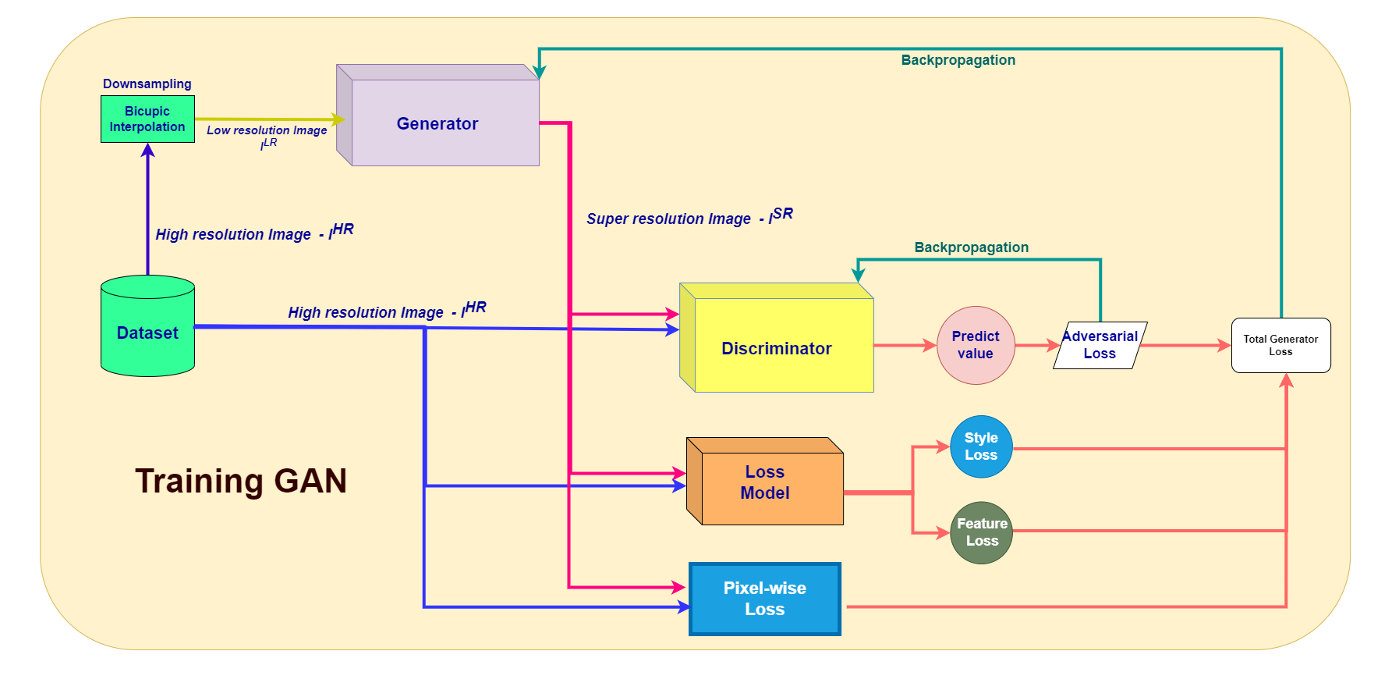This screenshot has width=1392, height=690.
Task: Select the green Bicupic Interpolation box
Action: click(147, 119)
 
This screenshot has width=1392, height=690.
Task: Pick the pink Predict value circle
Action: click(975, 345)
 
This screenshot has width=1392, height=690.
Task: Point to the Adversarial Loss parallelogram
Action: click(1100, 345)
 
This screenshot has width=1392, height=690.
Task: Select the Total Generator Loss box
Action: click(1280, 345)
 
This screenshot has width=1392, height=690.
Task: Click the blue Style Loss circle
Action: click(981, 446)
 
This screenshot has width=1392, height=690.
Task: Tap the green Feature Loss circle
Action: click(981, 532)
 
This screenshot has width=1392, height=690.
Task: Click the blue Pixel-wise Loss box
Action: click(764, 599)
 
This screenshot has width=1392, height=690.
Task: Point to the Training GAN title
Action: click(240, 481)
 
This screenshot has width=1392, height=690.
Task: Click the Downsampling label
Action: click(147, 84)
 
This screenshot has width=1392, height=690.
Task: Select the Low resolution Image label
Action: click(267, 131)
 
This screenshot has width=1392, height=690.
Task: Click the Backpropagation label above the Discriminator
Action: click(971, 247)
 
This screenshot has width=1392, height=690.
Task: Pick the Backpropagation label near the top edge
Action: click(958, 60)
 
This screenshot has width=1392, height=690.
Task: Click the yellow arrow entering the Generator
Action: click(265, 119)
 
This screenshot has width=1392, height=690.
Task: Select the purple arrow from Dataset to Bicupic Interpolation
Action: click(147, 211)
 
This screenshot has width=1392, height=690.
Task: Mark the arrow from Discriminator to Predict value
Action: click(905, 345)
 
